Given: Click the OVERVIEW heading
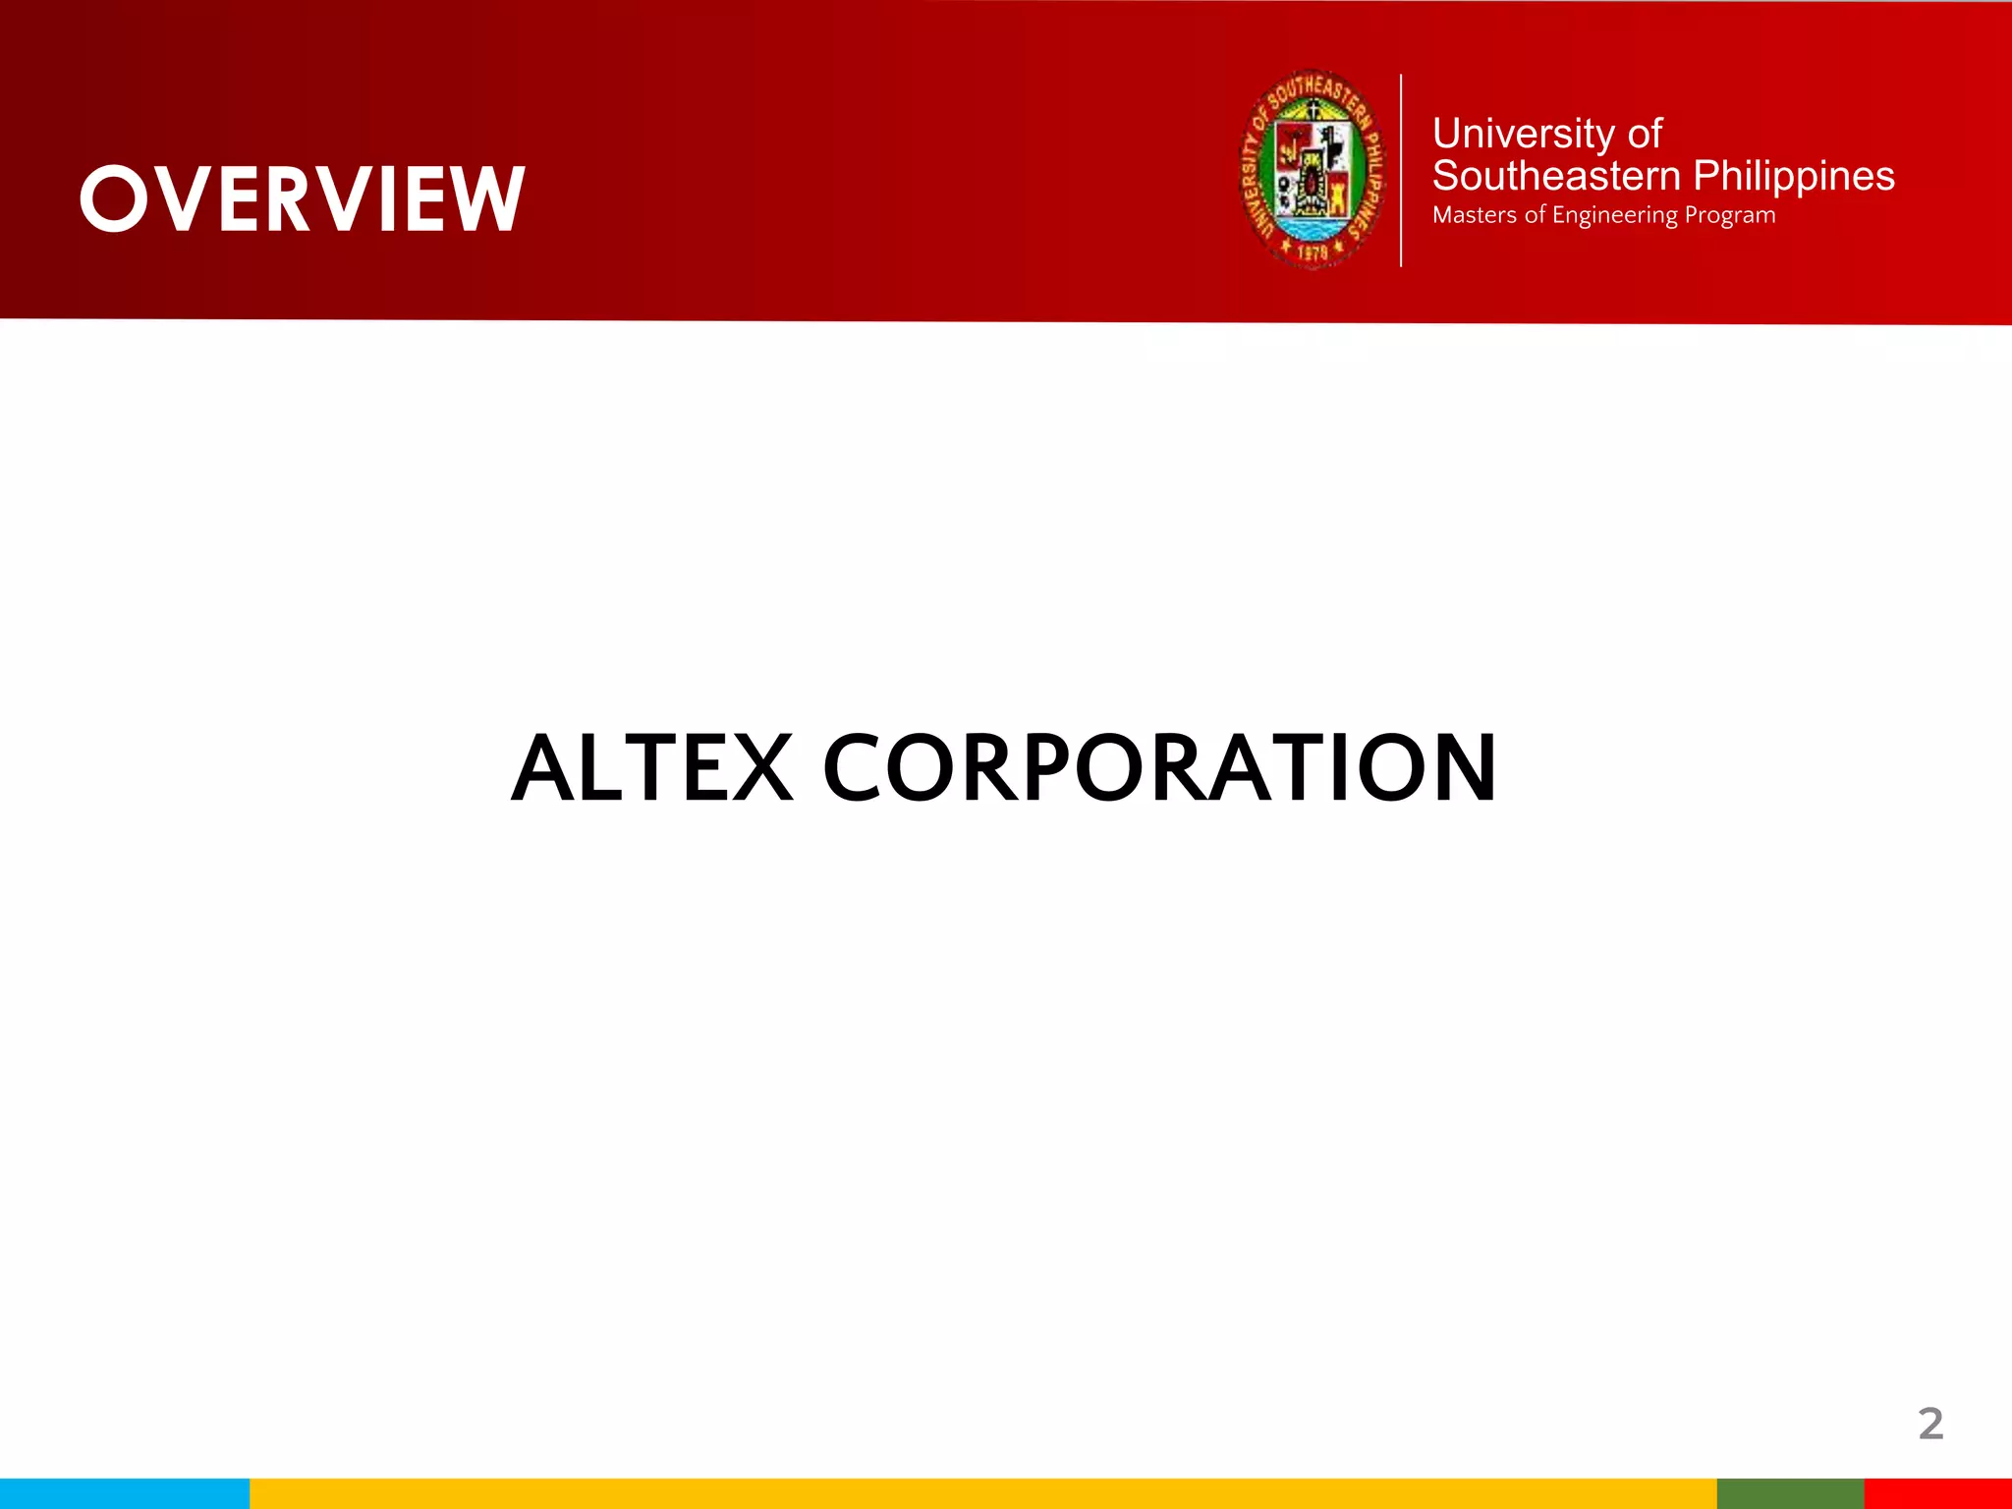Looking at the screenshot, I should coord(303,199).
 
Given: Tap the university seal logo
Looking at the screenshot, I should coord(1313,169).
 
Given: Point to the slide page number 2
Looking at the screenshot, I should coord(1930,1425).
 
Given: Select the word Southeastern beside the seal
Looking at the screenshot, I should coord(1556,177).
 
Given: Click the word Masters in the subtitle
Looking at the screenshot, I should coord(1475,215).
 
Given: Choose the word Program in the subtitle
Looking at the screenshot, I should coord(1730,216).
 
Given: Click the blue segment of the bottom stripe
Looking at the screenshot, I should coord(125,1493).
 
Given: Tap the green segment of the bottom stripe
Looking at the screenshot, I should coord(1790,1493).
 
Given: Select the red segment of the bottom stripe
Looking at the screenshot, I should coord(1937,1493).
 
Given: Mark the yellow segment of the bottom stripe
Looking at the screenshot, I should coord(982,1493).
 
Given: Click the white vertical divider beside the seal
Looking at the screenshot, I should coord(1401,169).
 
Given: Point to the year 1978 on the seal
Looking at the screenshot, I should coord(1313,252).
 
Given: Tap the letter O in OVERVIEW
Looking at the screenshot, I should coord(114,199).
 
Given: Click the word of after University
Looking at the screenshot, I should coord(1645,134).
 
